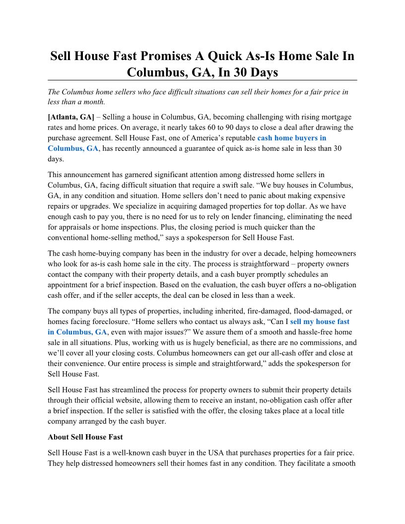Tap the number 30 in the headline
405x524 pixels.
pyautogui.click(x=232, y=72)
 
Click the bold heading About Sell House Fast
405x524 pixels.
pyautogui.click(x=85, y=437)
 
